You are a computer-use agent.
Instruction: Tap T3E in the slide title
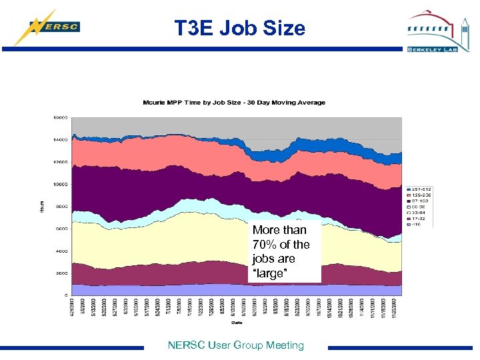click(194, 28)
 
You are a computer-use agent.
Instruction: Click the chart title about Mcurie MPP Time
click(234, 102)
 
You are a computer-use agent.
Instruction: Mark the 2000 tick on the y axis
click(61, 273)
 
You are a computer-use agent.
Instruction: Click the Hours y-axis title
click(41, 206)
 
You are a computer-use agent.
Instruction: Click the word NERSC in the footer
click(187, 345)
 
